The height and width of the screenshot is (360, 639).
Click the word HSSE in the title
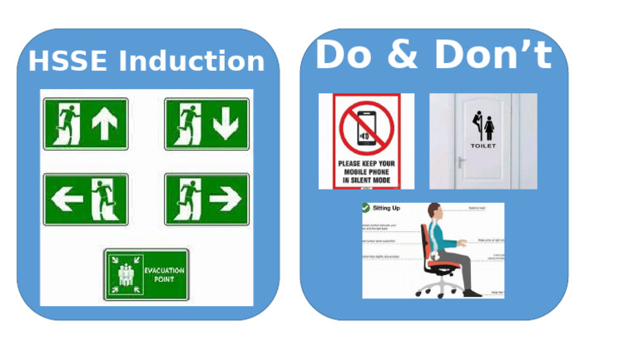(69, 62)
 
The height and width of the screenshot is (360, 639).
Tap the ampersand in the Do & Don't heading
(403, 55)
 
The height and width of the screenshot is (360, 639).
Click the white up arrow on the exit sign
(106, 125)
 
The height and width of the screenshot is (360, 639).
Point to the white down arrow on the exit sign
(225, 125)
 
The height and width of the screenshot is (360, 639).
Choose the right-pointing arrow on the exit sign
(225, 199)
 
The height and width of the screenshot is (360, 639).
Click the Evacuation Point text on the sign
(163, 274)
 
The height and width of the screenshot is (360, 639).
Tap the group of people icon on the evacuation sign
(125, 275)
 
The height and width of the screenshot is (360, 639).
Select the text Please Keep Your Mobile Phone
(366, 169)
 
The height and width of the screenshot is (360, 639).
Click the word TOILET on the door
(483, 146)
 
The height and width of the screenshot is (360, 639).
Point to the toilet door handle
(461, 161)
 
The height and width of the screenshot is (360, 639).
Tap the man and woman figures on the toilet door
(483, 126)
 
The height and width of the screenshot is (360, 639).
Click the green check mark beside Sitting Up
(366, 208)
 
